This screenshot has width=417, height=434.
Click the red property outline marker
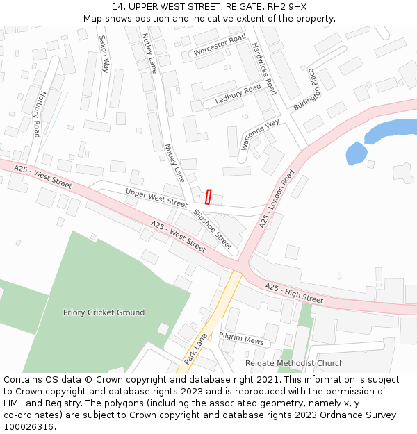coord(208,196)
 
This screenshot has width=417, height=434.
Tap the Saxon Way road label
coord(104,54)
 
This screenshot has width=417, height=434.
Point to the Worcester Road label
coord(220,44)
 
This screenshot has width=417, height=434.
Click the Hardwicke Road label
coord(264,68)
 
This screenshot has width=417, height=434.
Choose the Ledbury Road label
coord(238,94)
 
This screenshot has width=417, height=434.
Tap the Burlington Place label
coord(304,89)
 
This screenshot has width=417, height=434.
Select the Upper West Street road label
coord(156,198)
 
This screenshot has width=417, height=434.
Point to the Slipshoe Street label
coord(213,229)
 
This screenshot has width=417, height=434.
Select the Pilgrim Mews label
coord(241,338)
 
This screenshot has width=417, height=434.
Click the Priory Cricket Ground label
coord(104,312)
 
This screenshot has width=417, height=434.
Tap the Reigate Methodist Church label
coord(294,363)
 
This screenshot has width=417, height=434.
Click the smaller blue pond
coord(357,153)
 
